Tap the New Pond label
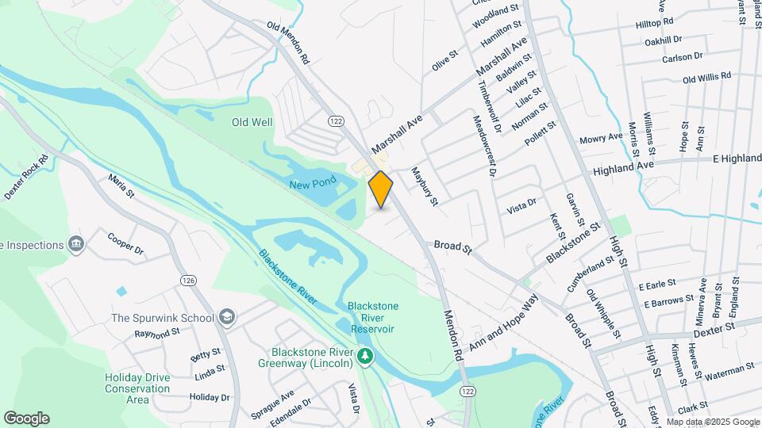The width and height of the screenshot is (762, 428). pyautogui.click(x=313, y=184)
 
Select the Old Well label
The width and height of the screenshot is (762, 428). pyautogui.click(x=252, y=122)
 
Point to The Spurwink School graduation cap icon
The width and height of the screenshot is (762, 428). pyautogui.click(x=226, y=318)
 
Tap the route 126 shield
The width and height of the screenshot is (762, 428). pyautogui.click(x=188, y=281)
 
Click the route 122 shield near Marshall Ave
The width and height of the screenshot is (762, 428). pyautogui.click(x=336, y=120)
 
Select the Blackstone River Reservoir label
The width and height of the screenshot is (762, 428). pyautogui.click(x=372, y=318)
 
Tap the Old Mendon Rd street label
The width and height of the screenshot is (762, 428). pyautogui.click(x=287, y=44)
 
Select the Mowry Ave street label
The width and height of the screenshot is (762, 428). pyautogui.click(x=601, y=138)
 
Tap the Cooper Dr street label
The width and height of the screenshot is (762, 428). pyautogui.click(x=125, y=243)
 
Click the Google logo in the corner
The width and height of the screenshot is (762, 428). pyautogui.click(x=26, y=418)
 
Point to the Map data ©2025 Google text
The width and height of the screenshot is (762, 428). pyautogui.click(x=712, y=422)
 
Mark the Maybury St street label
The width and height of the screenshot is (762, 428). pyautogui.click(x=424, y=186)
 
